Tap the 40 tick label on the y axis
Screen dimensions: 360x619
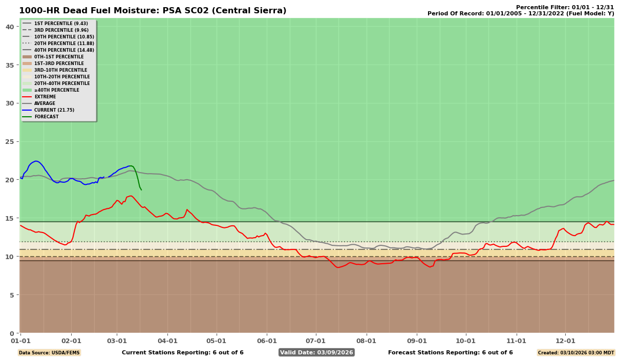pyautogui.click(x=10, y=27)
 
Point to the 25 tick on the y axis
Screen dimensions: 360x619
pyautogui.click(x=10, y=141)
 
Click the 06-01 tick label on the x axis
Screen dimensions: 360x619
pyautogui.click(x=267, y=340)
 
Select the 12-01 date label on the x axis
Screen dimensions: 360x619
pyautogui.click(x=565, y=340)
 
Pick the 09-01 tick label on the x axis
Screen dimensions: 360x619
pyautogui.click(x=417, y=340)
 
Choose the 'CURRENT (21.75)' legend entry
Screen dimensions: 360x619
pyautogui.click(x=54, y=110)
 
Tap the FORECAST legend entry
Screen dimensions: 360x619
pyautogui.click(x=46, y=117)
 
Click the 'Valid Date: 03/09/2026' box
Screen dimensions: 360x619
pyautogui.click(x=316, y=352)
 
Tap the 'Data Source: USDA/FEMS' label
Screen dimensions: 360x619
pyautogui.click(x=49, y=353)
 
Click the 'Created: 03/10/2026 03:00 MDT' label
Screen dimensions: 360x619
pyautogui.click(x=575, y=353)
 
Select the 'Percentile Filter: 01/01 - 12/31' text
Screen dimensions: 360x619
pyautogui.click(x=565, y=7)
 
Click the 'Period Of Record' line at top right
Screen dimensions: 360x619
pyautogui.click(x=520, y=14)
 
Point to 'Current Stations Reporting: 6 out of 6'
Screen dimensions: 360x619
pyautogui.click(x=182, y=352)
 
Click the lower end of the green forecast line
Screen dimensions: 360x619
pyautogui.click(x=141, y=190)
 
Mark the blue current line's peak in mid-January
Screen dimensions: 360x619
pyautogui.click(x=36, y=161)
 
